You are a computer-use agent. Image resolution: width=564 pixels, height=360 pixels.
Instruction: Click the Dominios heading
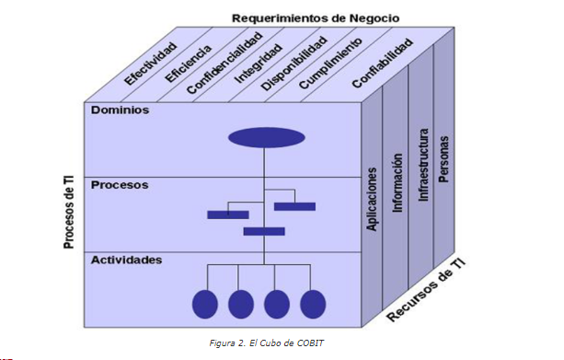coord(120,110)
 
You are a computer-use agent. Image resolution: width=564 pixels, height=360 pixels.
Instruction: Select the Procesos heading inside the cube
coord(120,184)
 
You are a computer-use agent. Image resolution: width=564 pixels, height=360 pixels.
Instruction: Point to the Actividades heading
coord(127,260)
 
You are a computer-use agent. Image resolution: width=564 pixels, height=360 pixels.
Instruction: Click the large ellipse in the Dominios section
coord(266,138)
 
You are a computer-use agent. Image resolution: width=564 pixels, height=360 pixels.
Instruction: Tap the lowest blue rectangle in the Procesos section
coord(264,231)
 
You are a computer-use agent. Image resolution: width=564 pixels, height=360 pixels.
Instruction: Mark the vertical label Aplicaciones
coord(373,198)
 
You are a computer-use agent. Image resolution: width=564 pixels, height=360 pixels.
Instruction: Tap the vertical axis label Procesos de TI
coord(69,212)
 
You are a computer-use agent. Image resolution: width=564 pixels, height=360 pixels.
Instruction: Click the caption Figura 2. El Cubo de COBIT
coord(267,343)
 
